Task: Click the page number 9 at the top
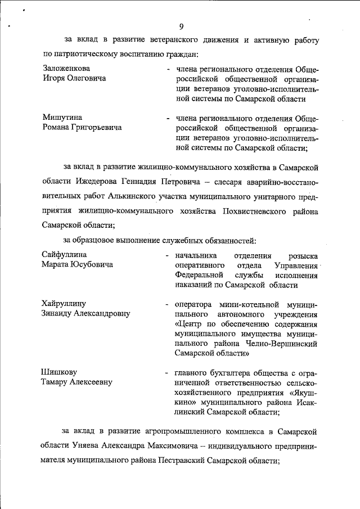pos(181,26)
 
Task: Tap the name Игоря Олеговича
pos(75,79)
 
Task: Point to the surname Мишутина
pos(62,118)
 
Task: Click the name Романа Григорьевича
pos(82,128)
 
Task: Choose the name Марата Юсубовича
pos(78,265)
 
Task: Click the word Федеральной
pos(199,276)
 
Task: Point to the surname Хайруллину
pos(65,304)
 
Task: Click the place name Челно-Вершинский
pos(282,344)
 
